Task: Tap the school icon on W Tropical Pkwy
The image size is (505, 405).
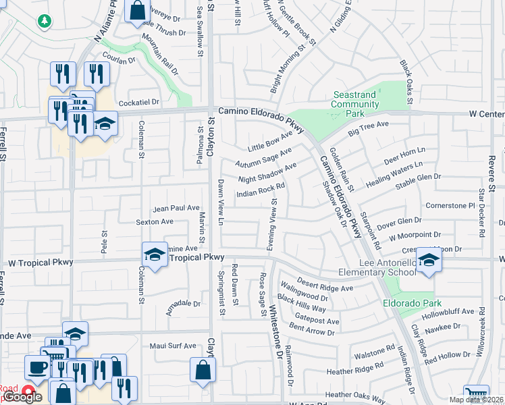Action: click(155, 254)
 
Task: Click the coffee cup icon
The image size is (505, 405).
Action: click(36, 368)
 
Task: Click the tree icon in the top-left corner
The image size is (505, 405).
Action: click(45, 21)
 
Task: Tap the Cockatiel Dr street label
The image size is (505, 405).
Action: click(138, 102)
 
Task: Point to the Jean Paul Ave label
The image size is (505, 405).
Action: click(177, 209)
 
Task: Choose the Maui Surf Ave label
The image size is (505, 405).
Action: click(173, 346)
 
